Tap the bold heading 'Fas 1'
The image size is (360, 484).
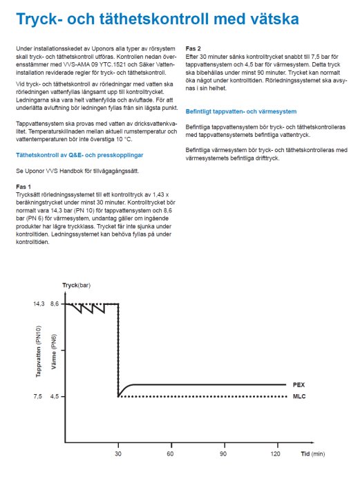(23, 186)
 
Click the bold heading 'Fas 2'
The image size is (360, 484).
(193, 48)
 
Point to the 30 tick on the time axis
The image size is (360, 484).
(118, 454)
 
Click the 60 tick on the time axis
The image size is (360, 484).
(170, 454)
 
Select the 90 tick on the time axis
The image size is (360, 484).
(223, 454)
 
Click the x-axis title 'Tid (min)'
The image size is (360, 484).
(312, 454)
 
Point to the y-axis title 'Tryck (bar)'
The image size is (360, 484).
(77, 285)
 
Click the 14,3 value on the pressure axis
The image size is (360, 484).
(39, 304)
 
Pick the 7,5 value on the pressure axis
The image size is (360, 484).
(39, 396)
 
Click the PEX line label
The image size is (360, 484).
(299, 384)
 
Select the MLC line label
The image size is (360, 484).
(299, 397)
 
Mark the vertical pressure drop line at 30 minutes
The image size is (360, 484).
(118, 349)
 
